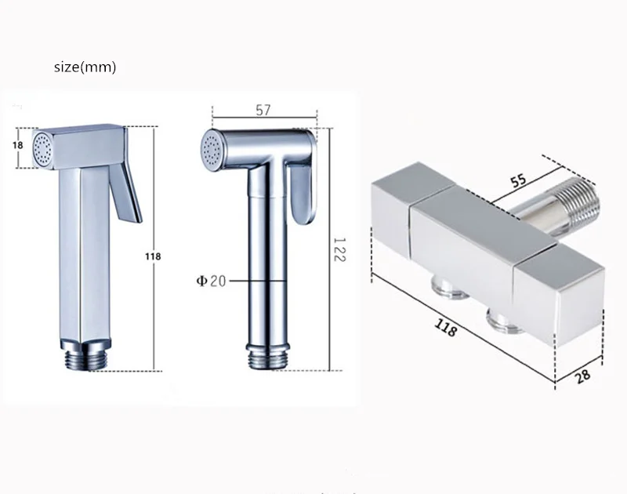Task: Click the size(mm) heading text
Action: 85,67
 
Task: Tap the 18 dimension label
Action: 17,145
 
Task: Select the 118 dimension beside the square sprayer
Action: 153,256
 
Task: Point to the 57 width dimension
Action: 263,110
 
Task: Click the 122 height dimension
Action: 339,249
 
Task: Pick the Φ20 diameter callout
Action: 211,281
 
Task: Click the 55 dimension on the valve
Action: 519,180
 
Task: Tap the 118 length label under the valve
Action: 446,328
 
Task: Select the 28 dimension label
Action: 582,376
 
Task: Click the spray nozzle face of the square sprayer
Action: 42,148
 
